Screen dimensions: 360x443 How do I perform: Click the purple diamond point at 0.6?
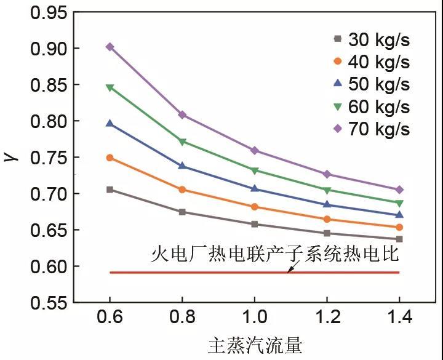click(110, 47)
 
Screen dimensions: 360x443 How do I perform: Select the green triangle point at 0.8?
click(182, 142)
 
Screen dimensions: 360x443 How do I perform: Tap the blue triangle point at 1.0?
click(255, 189)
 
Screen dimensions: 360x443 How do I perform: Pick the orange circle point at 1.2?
click(327, 219)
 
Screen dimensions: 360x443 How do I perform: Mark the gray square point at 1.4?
click(399, 239)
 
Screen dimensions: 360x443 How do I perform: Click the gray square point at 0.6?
click(110, 190)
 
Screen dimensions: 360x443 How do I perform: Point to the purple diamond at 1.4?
click(399, 190)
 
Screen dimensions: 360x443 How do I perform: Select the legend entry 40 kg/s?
click(370, 62)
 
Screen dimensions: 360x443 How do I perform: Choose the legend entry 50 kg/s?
click(370, 84)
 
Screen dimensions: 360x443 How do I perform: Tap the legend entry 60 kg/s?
click(370, 107)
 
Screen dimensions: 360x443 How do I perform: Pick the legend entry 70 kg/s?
click(370, 129)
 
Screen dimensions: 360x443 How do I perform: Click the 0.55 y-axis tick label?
click(47, 303)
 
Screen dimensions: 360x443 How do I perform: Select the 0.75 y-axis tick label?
click(47, 158)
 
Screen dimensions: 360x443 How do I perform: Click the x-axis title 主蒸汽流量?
click(255, 346)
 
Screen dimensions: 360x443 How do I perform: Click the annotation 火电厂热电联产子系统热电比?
click(275, 254)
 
